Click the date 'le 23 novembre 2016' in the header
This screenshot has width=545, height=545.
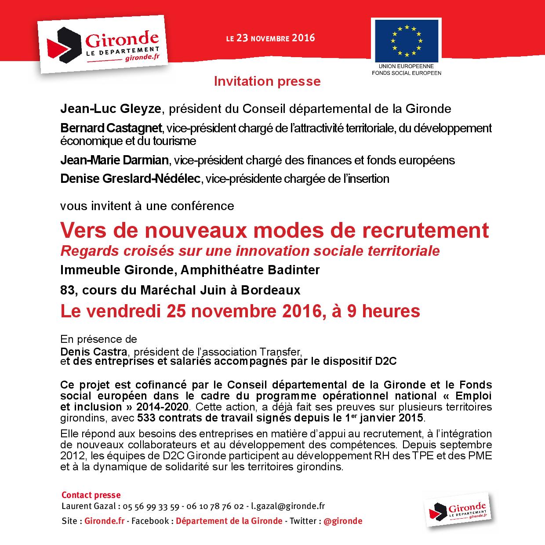coord(270,38)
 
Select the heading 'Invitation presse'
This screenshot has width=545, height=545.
coord(267,81)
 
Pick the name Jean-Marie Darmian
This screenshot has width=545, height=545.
coord(114,160)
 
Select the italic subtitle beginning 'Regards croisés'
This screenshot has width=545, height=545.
coord(250,251)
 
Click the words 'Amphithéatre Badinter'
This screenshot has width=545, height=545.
coord(251,269)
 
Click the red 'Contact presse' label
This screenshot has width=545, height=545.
coord(91,495)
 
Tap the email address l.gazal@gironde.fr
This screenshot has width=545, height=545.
coord(288,506)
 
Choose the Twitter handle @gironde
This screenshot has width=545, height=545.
coord(343,521)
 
